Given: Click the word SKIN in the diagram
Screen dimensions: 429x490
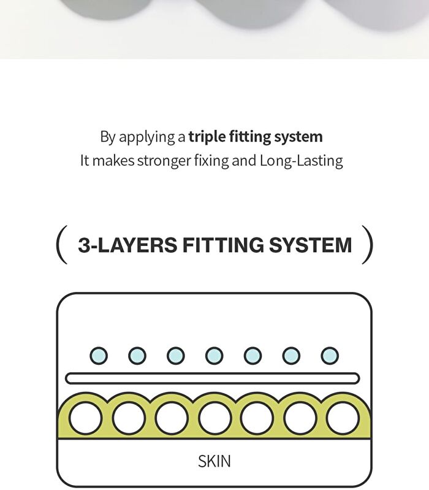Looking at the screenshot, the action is pos(214,461).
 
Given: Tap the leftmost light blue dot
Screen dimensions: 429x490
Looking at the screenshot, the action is pos(99,356).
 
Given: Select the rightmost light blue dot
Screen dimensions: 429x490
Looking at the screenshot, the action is pos(330,356).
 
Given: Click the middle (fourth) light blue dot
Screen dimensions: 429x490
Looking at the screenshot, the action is pos(214,356).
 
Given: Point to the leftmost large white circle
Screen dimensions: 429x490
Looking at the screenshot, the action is pos(85,418).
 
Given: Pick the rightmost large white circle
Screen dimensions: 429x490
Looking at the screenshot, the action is pos(343,418).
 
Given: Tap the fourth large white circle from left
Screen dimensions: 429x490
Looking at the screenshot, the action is pos(214,418).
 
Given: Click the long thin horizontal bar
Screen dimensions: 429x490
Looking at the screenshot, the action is pos(212,378).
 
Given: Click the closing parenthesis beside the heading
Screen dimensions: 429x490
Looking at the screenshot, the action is pos(368,244).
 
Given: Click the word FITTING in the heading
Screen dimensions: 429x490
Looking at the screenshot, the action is pos(223,245).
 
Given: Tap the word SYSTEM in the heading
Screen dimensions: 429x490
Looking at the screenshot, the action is pos(311,245).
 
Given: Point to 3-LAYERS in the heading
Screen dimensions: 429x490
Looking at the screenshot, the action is pos(127,245).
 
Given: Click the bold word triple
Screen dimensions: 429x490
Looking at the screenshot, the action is pos(207,137).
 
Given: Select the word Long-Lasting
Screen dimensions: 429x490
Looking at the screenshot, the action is pos(302,161).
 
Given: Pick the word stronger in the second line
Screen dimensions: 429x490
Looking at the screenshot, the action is pos(164,161).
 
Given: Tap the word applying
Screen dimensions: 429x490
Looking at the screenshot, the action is pos(147,137).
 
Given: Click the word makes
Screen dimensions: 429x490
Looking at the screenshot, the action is pos(113,161).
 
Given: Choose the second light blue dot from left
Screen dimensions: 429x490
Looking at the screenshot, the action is pos(137,356).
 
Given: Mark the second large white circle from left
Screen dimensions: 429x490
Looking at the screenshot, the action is pos(128,418).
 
